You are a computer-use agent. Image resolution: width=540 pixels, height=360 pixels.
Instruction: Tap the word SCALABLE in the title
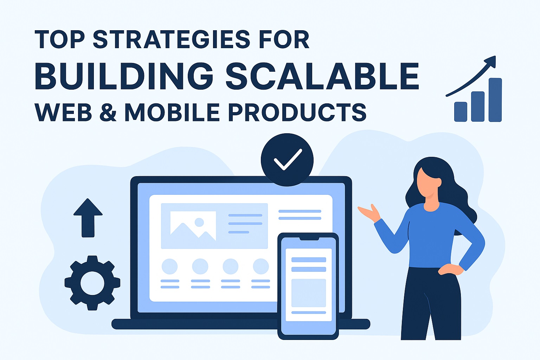pyautogui.click(x=322, y=76)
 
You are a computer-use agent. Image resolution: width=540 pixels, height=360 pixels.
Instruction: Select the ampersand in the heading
pyautogui.click(x=108, y=112)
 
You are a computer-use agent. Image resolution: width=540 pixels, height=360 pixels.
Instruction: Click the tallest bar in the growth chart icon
pyautogui.click(x=495, y=100)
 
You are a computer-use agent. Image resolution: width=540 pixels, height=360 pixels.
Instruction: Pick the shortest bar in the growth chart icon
pyautogui.click(x=461, y=112)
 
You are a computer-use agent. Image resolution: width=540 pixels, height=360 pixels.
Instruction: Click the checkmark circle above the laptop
pyautogui.click(x=287, y=160)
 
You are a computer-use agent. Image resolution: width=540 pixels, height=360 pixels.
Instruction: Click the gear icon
pyautogui.click(x=92, y=283)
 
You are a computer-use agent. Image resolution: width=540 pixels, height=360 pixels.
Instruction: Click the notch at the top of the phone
pyautogui.click(x=309, y=239)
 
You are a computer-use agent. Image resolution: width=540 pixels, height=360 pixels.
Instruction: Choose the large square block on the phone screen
pyautogui.click(x=309, y=293)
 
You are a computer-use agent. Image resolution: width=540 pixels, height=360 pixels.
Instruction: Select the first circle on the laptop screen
pyautogui.click(x=170, y=266)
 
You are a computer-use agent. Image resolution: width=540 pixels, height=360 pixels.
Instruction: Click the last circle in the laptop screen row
pyautogui.click(x=261, y=266)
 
